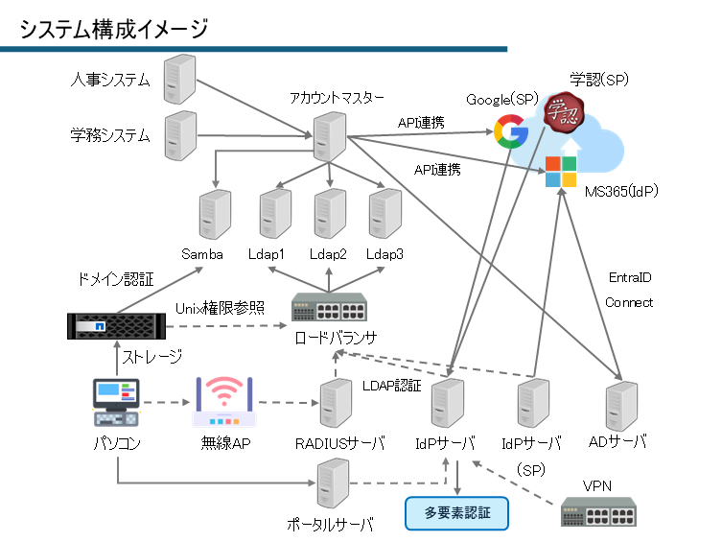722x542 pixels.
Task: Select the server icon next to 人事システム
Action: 179,79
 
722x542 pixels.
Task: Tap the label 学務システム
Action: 111,135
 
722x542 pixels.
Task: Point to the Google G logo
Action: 511,132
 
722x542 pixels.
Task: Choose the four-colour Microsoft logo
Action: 561,172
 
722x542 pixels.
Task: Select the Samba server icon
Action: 215,215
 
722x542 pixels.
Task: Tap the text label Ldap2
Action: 328,254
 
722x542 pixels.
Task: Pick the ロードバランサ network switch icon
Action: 330,310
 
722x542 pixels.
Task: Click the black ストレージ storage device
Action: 116,327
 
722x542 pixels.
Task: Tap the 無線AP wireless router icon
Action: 223,402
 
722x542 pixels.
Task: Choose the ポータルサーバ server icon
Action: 333,485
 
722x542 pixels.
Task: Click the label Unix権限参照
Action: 220,307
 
